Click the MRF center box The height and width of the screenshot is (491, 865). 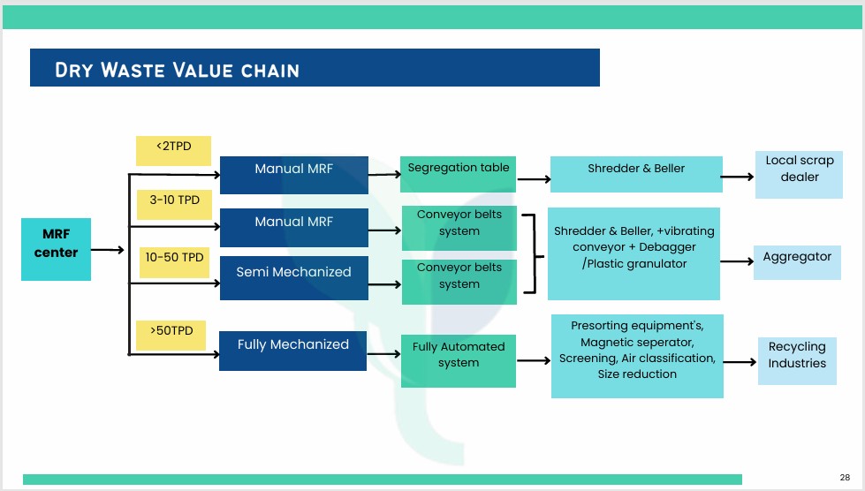57,249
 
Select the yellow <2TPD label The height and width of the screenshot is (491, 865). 173,151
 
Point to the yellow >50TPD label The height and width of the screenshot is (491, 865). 171,336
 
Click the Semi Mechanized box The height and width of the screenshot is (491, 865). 293,272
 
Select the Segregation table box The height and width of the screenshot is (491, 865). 458,174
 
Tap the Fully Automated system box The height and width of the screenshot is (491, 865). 459,359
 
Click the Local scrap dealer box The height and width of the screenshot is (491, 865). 799,174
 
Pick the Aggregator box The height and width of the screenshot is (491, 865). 797,261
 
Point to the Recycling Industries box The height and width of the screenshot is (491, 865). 796,360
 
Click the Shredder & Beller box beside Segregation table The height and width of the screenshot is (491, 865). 635,174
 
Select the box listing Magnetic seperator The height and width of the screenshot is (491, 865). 636,356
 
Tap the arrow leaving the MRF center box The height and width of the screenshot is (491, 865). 108,250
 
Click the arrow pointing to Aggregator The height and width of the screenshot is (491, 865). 735,262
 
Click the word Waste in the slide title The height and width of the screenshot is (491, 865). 140,70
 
